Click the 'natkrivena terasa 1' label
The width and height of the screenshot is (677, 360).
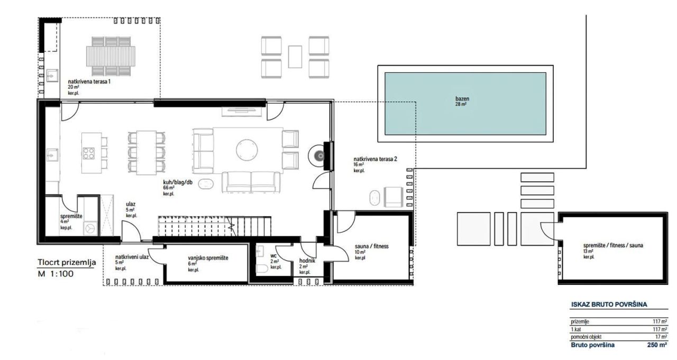pyautogui.click(x=89, y=82)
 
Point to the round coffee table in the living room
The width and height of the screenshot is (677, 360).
pyautogui.click(x=246, y=149)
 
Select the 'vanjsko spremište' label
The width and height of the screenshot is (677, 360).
pyautogui.click(x=208, y=257)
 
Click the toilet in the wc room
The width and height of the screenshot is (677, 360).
pyautogui.click(x=262, y=269)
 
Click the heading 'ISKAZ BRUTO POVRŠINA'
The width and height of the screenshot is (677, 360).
pyautogui.click(x=609, y=304)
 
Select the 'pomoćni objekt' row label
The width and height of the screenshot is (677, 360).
pyautogui.click(x=585, y=337)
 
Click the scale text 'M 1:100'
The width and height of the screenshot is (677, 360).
pyautogui.click(x=56, y=274)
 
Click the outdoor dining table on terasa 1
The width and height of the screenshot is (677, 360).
pyautogui.click(x=111, y=56)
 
